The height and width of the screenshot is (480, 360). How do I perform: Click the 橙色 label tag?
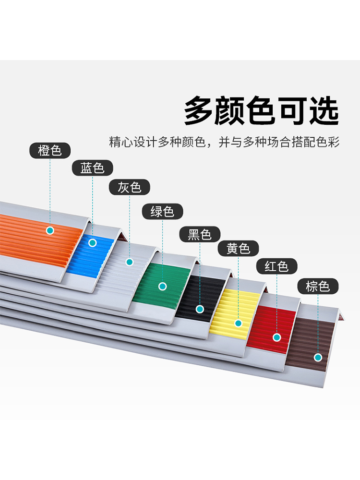point(50,151)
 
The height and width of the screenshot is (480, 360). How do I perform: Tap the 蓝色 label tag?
point(93,168)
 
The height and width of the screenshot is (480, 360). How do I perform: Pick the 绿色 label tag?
point(162,211)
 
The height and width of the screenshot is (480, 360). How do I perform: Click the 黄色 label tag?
point(239,249)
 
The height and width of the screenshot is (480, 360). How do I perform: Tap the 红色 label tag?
point(277,266)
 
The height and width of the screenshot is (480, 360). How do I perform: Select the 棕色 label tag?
point(318,287)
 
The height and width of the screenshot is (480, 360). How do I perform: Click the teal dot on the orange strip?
point(50,230)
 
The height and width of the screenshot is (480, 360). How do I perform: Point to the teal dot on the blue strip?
point(93,243)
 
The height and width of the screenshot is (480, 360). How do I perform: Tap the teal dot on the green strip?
point(163,286)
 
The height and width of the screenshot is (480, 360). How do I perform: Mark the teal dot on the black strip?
point(200,309)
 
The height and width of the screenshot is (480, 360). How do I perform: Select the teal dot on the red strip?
point(277,337)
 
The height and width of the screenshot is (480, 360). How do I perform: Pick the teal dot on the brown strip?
point(317,357)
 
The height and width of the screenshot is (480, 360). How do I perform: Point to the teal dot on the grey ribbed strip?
point(129,262)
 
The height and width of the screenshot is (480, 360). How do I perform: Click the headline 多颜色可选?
point(262,111)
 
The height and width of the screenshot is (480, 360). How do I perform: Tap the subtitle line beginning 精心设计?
point(224,142)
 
